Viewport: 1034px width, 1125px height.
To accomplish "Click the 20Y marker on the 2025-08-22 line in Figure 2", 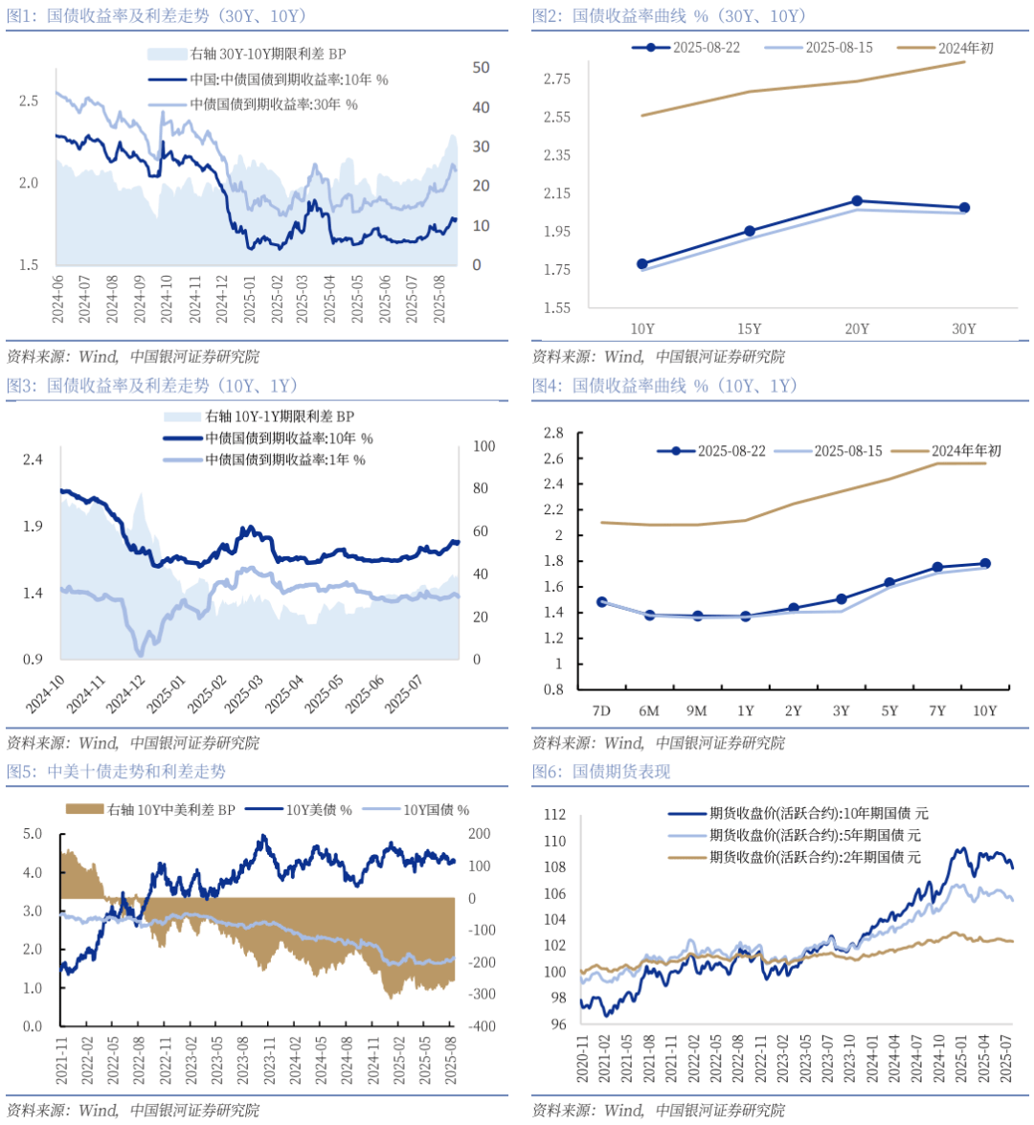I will pos(857,201).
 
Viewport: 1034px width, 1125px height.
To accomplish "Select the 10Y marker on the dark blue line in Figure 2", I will pos(642,264).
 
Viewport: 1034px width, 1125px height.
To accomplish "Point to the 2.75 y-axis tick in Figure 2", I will pos(557,79).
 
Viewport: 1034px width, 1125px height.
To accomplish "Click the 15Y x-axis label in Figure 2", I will pos(750,328).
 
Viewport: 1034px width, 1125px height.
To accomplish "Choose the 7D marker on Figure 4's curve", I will pos(601,602).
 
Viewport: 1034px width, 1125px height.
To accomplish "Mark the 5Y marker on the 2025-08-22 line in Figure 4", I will pos(889,582).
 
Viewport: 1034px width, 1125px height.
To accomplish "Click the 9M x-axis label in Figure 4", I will pos(697,710).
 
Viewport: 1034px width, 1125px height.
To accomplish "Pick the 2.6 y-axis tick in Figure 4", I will pos(553,459).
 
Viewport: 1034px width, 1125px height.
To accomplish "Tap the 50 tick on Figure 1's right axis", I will pos(481,68).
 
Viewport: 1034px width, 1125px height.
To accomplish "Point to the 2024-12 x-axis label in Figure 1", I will pos(222,298).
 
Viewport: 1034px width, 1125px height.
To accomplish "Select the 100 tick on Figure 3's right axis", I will pos(483,446).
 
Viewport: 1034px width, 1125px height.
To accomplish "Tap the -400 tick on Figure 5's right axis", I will pos(483,1026).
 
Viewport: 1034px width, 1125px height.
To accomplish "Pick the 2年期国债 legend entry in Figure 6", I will pos(814,858).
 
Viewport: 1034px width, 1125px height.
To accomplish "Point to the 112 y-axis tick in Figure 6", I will pos(554,815).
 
